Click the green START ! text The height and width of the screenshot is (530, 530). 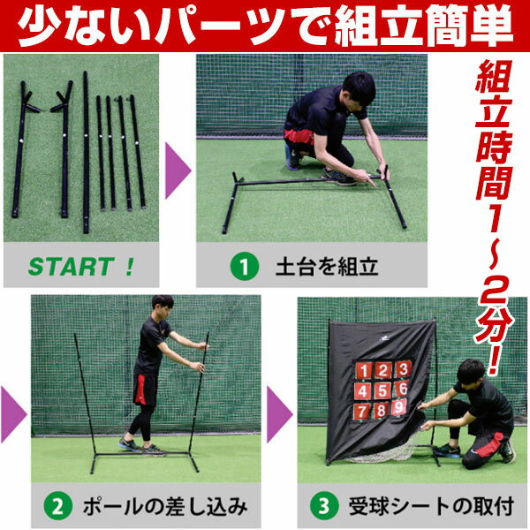pos(81,267)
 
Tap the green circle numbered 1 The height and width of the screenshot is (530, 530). pos(245,267)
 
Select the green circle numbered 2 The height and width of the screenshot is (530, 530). pos(58,507)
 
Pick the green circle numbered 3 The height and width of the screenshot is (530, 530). pos(324,507)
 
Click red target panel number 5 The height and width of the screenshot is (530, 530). pos(382,390)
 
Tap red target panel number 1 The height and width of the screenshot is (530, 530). pos(364,371)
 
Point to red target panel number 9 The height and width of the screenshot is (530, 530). pos(399,406)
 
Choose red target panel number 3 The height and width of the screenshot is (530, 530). pos(403,368)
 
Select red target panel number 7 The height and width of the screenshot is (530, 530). pos(362,411)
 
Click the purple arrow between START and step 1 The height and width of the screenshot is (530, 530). pos(178,170)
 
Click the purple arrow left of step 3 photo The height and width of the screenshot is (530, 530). pos(279,414)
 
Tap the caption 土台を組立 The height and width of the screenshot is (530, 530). pos(327,267)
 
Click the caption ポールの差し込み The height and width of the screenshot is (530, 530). pos(165,507)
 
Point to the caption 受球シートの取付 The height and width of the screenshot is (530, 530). pos(432,507)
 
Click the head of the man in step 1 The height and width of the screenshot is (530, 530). pos(359,90)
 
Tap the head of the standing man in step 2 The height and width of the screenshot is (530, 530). pos(163,307)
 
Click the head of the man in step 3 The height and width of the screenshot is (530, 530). pos(472,373)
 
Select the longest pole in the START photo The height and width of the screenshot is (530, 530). pos(86,152)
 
